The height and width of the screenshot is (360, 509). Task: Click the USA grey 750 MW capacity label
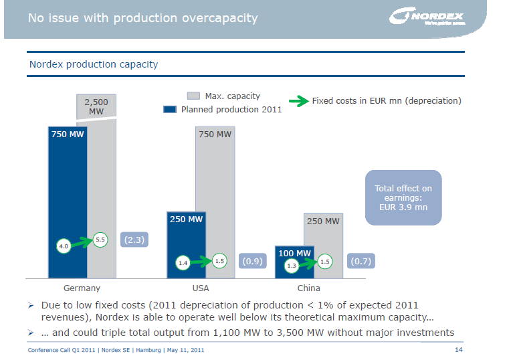[x=215, y=134]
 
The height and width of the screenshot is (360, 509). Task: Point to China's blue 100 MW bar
[x=294, y=260]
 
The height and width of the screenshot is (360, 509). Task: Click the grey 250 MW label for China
[x=323, y=221]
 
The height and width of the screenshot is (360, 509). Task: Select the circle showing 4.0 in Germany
[x=64, y=246]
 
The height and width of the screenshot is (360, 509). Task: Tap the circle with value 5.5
[x=100, y=239]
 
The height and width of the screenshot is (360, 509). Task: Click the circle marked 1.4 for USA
[x=183, y=264]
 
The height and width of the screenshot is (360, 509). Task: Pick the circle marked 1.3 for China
[x=291, y=266]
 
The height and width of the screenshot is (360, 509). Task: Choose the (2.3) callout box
[x=134, y=239]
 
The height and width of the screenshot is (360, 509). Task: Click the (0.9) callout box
[x=251, y=262]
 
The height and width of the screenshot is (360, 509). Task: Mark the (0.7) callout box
[x=361, y=262]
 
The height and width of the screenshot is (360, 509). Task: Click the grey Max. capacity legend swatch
[x=194, y=96]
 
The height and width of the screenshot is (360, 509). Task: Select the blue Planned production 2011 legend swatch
[x=170, y=109]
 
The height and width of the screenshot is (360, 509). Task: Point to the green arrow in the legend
[x=298, y=101]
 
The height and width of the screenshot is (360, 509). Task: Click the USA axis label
[x=201, y=288]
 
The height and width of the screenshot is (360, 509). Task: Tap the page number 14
[x=458, y=350]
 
